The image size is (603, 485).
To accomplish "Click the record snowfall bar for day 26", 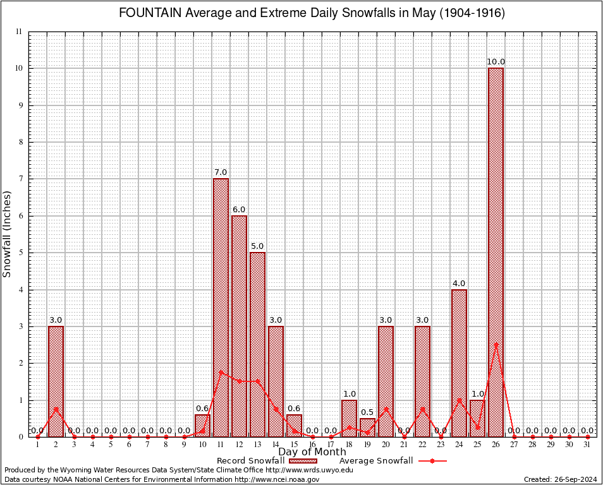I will coord(496,253).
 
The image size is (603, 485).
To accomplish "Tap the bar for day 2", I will coord(56,381).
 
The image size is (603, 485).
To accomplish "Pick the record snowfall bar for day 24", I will coord(460,363).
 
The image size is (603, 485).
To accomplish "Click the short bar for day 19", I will coord(368,428).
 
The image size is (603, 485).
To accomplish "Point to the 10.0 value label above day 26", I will coord(496,61).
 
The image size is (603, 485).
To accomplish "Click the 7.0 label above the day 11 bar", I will coord(221,172).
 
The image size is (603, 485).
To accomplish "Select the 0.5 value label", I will coord(368,412).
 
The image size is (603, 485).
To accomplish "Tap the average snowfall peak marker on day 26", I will coord(496,344).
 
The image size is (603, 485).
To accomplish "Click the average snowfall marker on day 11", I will coord(221,372).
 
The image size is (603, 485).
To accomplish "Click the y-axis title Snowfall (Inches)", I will coord(8,234).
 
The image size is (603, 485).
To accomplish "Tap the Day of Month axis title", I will coord(312,452).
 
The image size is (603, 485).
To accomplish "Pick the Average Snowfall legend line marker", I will coord(432,461).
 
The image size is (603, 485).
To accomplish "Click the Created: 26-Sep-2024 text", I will coord(561,479).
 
